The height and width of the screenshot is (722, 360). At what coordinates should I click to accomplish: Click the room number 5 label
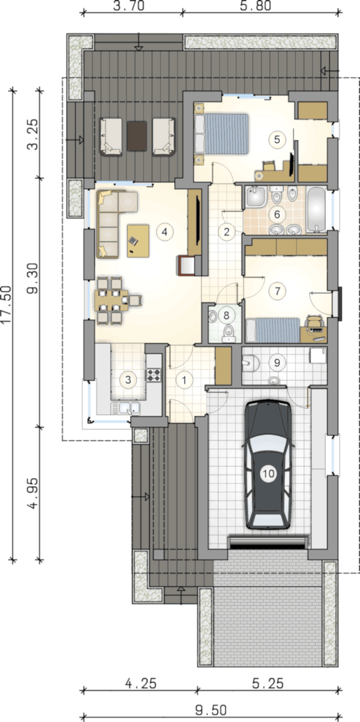277,139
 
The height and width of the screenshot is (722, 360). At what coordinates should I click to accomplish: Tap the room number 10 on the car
268,473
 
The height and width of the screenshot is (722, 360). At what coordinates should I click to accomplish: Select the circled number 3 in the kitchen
128,380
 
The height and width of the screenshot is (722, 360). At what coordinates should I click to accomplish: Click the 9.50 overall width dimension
211,710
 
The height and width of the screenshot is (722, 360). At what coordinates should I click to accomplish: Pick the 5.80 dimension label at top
256,6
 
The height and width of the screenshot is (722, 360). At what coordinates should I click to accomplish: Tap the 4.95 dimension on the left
33,493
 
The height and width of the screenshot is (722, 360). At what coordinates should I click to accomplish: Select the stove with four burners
154,375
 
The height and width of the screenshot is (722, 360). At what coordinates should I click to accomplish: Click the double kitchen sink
125,408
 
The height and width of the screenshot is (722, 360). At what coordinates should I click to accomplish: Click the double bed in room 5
221,133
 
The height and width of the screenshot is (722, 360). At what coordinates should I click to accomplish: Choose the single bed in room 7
273,330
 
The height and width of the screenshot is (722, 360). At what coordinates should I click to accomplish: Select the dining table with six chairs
111,300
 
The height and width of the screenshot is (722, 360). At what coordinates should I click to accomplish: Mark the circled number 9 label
277,363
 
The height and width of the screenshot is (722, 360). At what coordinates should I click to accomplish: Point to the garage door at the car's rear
267,543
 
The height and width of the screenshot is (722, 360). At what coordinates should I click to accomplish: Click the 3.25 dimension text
33,134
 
